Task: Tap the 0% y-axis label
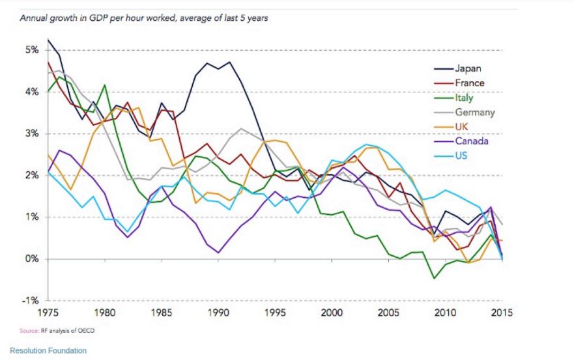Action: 33,259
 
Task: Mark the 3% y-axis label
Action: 33,133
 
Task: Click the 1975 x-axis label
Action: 49,312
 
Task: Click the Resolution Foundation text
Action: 48,351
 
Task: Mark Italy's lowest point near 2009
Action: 435,279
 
